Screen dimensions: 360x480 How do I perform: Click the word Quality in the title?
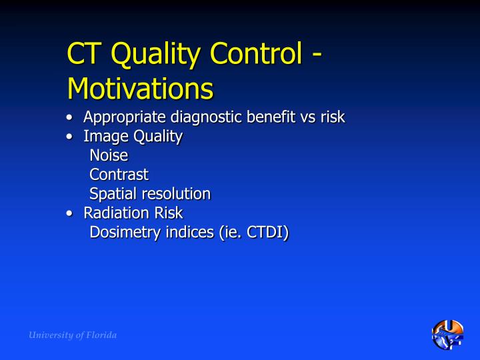[x=150, y=55]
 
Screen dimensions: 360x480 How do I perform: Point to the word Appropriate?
[x=125, y=118]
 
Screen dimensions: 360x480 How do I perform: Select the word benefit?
[x=275, y=117]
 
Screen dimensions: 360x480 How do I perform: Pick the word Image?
[x=103, y=137]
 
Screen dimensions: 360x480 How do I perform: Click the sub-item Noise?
[x=109, y=156]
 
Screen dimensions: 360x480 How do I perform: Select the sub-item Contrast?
[x=119, y=175]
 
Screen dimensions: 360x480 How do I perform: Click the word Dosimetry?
[x=124, y=232]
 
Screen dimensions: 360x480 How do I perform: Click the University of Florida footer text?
[x=73, y=335]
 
